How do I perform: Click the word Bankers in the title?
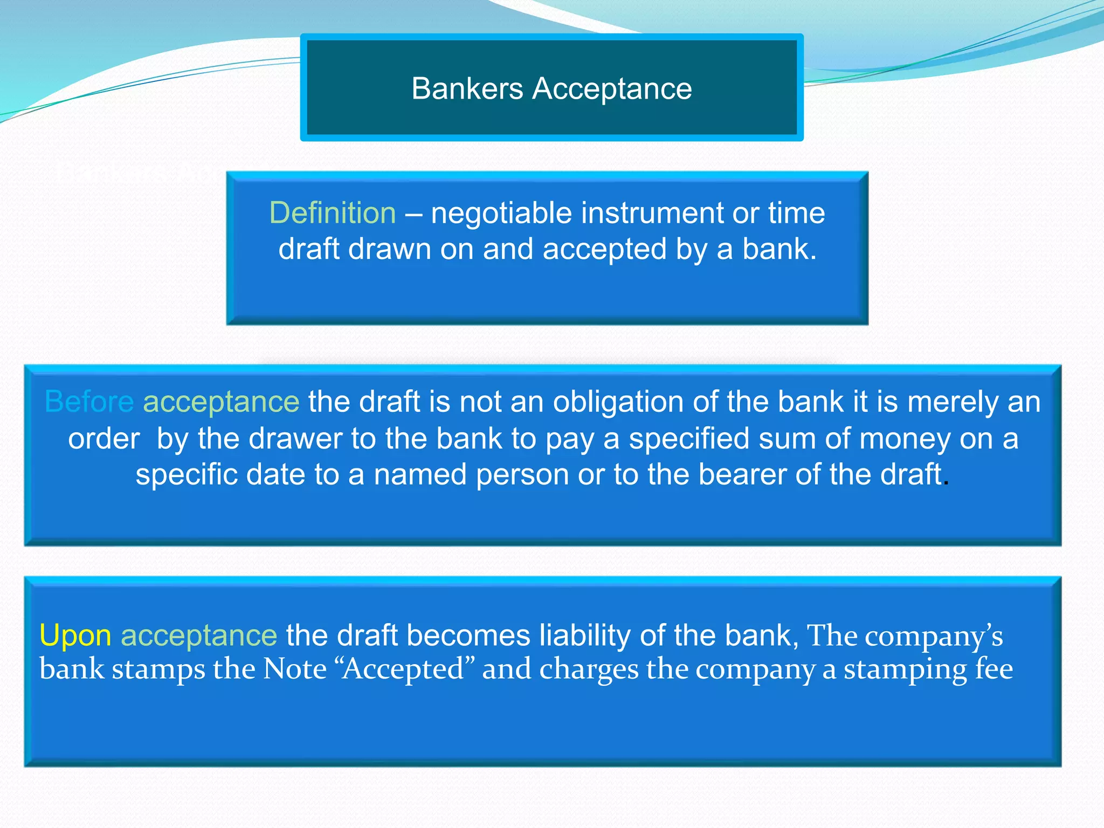click(x=467, y=88)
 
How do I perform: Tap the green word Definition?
click(x=333, y=212)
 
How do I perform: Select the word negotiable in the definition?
click(x=501, y=212)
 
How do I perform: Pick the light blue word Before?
click(x=89, y=402)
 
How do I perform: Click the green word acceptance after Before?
click(x=221, y=402)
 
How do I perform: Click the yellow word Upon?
click(x=75, y=635)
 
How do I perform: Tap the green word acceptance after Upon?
click(x=199, y=636)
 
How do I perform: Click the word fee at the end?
click(x=994, y=669)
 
